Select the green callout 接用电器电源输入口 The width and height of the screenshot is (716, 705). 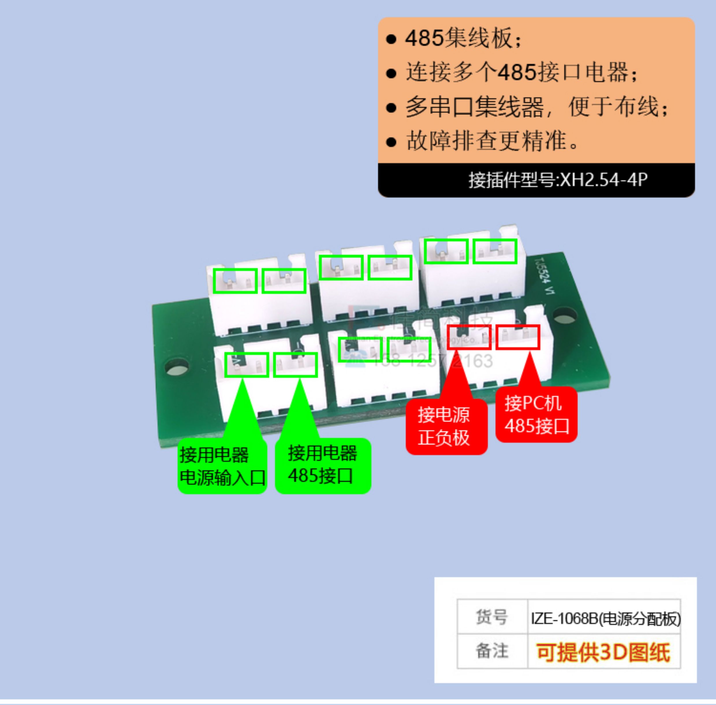tap(222, 466)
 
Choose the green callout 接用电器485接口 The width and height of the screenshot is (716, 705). tap(322, 465)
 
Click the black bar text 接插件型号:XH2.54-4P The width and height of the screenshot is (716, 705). tap(558, 180)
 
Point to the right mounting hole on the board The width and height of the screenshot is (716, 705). tap(564, 316)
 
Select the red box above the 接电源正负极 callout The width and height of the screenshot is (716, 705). tap(469, 337)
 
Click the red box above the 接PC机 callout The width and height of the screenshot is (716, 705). tap(518, 337)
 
